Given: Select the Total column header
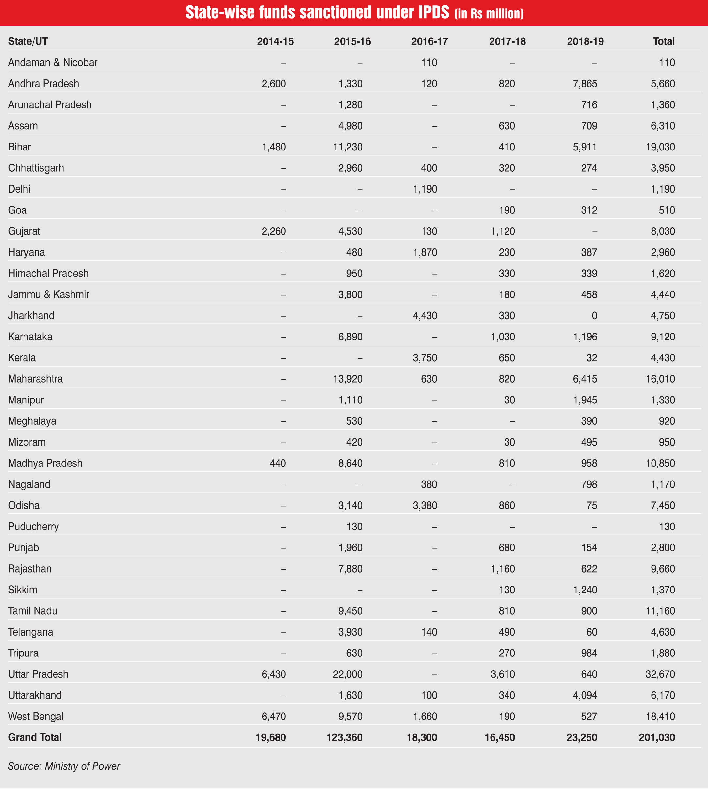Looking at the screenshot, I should (x=664, y=41).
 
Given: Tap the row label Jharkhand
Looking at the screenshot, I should (x=31, y=315).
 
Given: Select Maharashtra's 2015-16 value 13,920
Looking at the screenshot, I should (x=348, y=379).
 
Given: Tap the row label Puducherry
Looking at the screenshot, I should (x=33, y=527).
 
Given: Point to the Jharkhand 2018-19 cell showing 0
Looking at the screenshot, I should (x=594, y=315).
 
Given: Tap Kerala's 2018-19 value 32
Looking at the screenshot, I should (x=591, y=358).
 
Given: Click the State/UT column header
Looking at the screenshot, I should (x=28, y=41).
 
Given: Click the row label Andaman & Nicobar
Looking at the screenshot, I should (x=53, y=62).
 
